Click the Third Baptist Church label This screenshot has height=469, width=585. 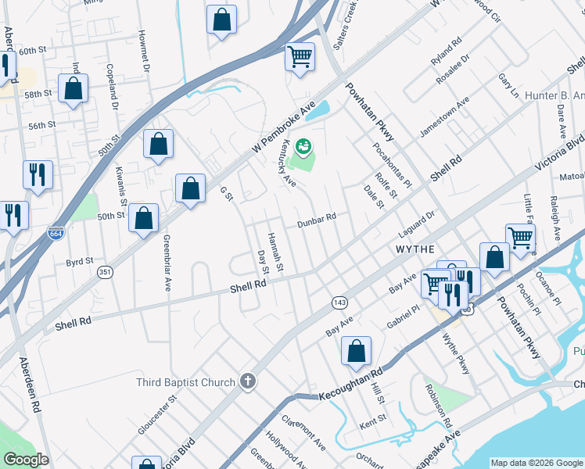[185, 382]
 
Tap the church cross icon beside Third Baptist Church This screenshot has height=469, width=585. [247, 381]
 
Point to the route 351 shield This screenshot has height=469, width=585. [105, 272]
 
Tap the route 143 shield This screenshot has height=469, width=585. [339, 302]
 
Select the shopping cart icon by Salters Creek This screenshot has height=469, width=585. [300, 57]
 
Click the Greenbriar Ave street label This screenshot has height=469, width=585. [167, 263]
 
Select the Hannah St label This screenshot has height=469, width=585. [274, 251]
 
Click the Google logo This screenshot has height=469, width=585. [26, 460]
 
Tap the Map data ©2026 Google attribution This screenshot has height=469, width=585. [537, 463]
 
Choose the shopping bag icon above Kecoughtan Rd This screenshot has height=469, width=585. [356, 352]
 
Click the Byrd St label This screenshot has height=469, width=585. [79, 261]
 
